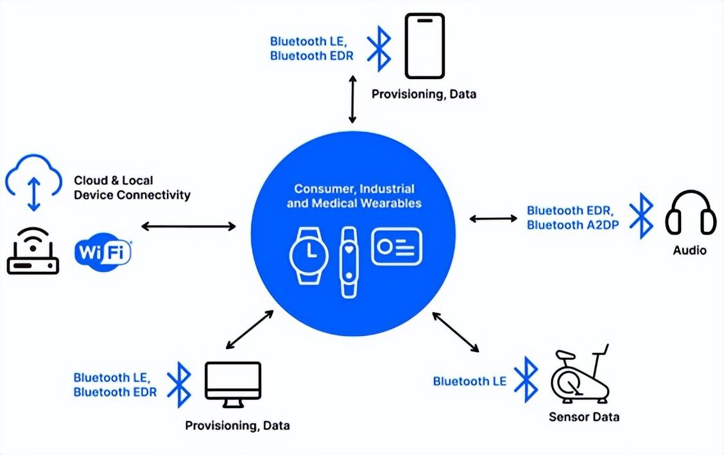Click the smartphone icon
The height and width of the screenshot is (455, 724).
[x=424, y=46]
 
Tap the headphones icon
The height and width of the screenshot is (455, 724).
[x=690, y=213]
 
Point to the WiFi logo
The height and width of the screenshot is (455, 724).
[x=103, y=252]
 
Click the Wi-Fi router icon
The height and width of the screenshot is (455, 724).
[x=33, y=253]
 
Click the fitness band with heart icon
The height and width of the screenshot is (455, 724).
[x=349, y=262]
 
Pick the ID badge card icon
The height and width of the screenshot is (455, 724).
[x=397, y=247]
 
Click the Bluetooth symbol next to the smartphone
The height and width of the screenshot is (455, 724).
[x=379, y=48]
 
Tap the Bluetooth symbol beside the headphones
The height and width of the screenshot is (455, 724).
[x=641, y=216]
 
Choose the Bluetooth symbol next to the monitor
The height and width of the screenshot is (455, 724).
[x=179, y=383]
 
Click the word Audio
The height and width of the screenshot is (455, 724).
[x=689, y=250]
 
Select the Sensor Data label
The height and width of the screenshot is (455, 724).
[x=584, y=417]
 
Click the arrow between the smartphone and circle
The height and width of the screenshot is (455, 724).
[x=352, y=98]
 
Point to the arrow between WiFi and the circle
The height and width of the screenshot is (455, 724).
[x=189, y=226]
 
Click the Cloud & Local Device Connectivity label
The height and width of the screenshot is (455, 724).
[x=132, y=188]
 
